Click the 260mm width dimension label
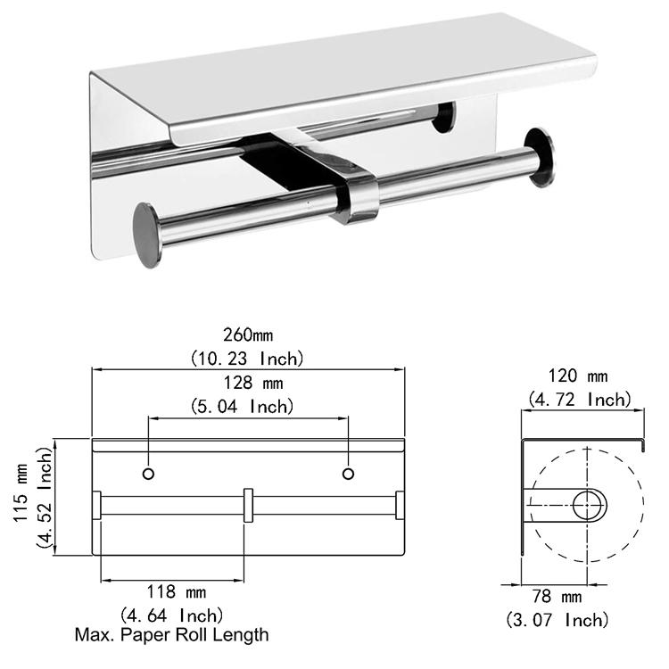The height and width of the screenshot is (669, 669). pos(249,336)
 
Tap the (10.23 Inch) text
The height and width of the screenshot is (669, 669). pos(249,359)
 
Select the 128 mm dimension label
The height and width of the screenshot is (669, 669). pos(248,384)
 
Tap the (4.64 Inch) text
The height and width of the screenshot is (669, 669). pos(171,615)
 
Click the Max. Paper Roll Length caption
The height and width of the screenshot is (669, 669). pos(171,635)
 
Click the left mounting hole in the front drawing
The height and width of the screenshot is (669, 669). pos(149,471)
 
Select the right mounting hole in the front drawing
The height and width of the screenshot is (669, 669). pos(349,471)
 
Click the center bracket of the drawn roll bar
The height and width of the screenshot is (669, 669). pos(249,506)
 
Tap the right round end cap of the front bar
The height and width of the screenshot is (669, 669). pos(539,157)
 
